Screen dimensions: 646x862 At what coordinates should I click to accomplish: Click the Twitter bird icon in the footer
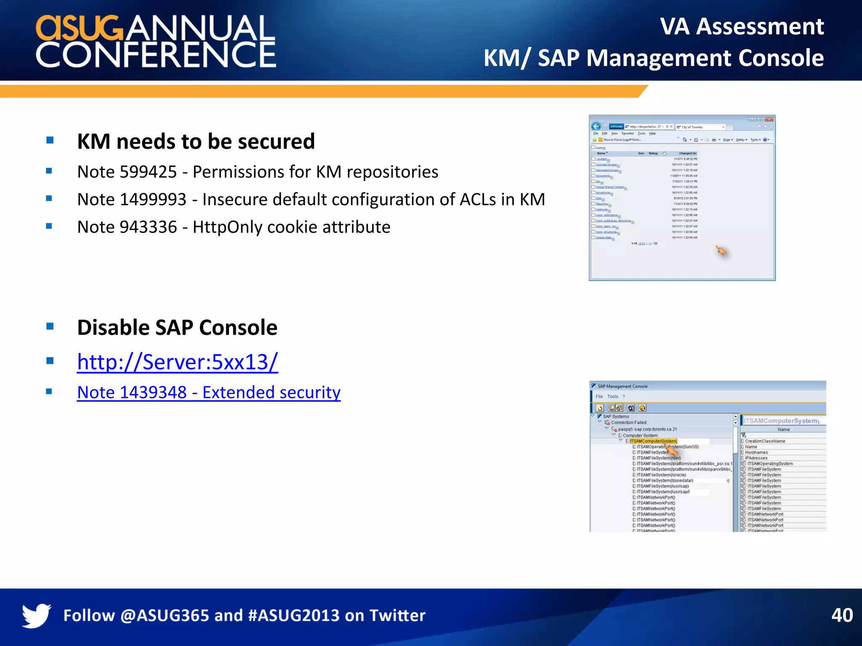click(x=37, y=615)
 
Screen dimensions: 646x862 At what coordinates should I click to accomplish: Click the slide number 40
click(x=842, y=615)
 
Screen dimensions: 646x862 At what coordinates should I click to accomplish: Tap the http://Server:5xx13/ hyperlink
click(x=177, y=362)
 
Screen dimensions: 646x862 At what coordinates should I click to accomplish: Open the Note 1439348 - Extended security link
click(x=209, y=392)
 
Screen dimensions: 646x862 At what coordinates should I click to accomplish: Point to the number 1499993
click(x=153, y=200)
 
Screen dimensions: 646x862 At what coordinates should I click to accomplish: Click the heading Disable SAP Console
click(x=177, y=328)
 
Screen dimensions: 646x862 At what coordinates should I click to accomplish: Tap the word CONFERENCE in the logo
click(x=156, y=55)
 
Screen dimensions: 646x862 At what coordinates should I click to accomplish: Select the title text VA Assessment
click(x=742, y=26)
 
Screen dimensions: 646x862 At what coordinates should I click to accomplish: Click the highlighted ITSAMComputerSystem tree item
click(x=653, y=441)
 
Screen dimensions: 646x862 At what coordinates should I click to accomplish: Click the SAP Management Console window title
click(x=623, y=386)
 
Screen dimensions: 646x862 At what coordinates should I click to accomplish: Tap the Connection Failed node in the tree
click(x=628, y=422)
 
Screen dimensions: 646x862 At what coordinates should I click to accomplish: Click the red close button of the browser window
click(x=769, y=119)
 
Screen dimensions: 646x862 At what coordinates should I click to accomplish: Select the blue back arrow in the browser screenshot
click(x=596, y=126)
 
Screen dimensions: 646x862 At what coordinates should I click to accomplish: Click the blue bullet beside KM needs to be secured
click(x=50, y=140)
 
